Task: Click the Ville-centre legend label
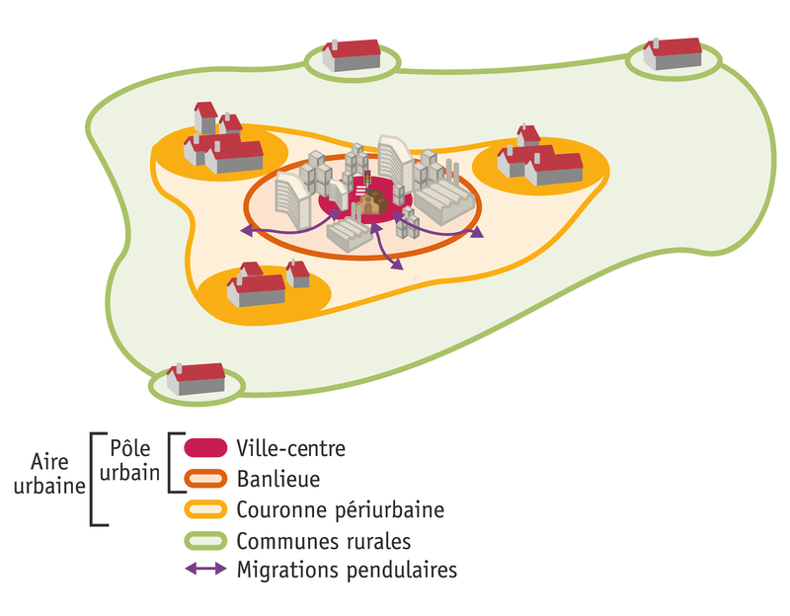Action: click(290, 447)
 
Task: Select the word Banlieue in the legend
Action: click(277, 479)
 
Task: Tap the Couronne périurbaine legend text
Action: click(340, 510)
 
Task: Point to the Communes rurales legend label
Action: click(323, 541)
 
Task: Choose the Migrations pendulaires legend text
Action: click(347, 571)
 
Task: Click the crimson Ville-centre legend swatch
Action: click(205, 447)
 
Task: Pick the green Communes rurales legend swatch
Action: click(205, 541)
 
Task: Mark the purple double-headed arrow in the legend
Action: click(205, 571)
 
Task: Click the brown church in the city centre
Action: click(371, 204)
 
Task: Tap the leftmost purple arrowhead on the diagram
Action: click(246, 232)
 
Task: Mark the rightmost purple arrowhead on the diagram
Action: click(479, 234)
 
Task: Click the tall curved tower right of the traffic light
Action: click(396, 163)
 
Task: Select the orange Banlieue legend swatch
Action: click(205, 479)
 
